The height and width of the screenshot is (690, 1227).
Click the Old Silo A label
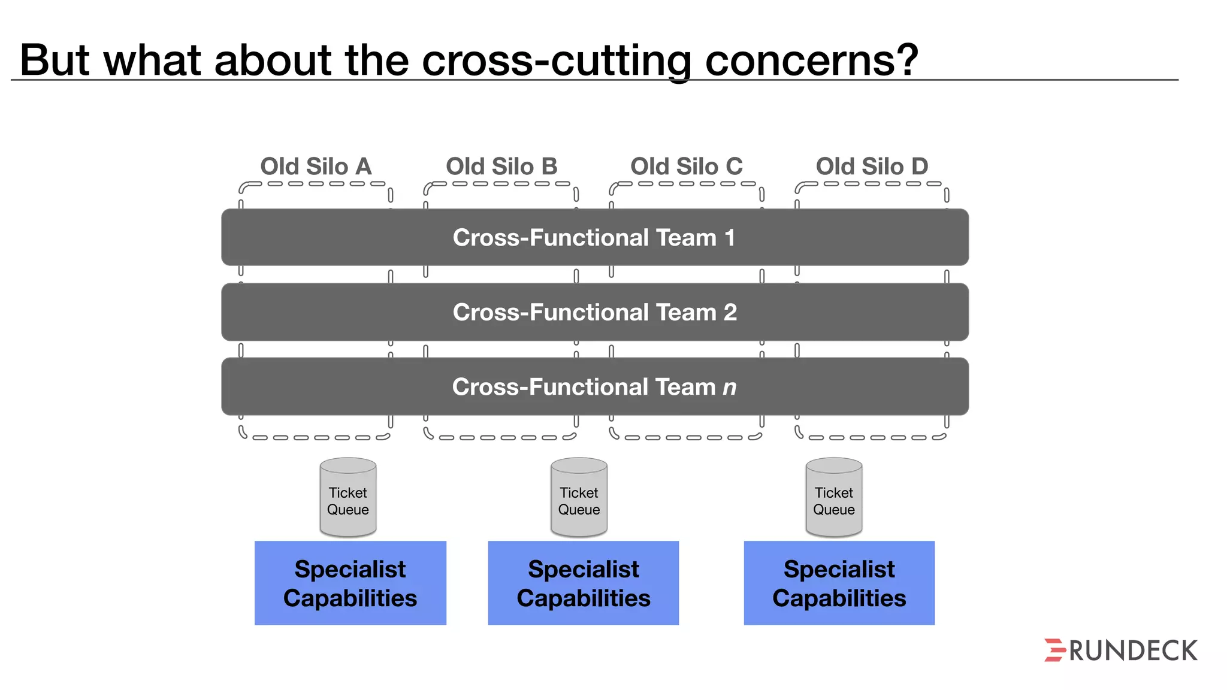tap(316, 166)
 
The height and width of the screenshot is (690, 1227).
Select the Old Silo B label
tap(501, 166)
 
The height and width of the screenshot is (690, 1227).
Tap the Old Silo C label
tap(687, 166)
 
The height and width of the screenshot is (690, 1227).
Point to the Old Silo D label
tap(872, 166)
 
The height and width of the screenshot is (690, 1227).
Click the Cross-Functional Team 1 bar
tap(594, 237)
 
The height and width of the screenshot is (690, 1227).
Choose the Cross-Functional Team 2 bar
tap(594, 312)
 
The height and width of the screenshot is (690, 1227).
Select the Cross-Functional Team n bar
tap(594, 387)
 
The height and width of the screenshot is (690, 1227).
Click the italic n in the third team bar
tap(729, 388)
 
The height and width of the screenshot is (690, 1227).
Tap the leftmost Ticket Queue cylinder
tap(348, 497)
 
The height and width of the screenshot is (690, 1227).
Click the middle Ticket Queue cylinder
tap(579, 497)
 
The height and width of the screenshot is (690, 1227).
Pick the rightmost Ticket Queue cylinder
tap(834, 497)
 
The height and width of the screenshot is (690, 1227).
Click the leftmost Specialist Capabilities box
tap(350, 583)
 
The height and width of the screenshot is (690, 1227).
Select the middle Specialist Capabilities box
tap(584, 583)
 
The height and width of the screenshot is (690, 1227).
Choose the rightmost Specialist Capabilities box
tap(839, 583)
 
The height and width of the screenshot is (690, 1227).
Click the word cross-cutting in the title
tap(557, 60)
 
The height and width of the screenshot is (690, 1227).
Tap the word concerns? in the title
tap(811, 60)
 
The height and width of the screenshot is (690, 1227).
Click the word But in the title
tap(55, 60)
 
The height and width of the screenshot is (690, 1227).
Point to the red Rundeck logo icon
tap(1054, 650)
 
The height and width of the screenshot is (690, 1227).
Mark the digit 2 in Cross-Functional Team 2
tap(730, 312)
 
